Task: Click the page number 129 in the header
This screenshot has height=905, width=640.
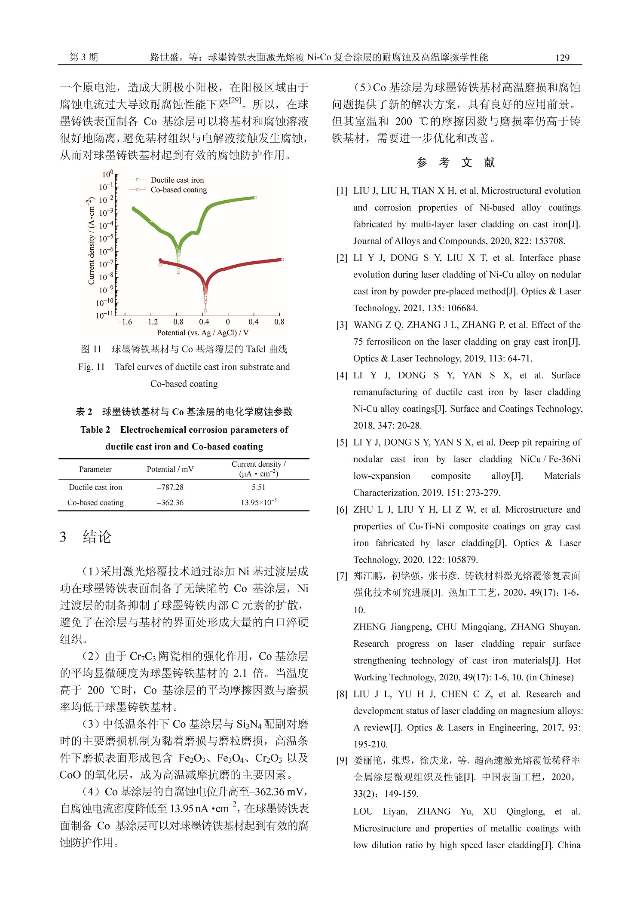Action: coord(562,58)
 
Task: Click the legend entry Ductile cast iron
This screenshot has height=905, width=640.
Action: coord(177,180)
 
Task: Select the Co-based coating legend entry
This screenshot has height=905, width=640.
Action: coord(178,190)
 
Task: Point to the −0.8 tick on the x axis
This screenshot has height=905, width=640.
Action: coord(176,322)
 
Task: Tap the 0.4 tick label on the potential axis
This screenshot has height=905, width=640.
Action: coord(253,322)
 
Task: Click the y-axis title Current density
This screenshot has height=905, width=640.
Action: coord(91,241)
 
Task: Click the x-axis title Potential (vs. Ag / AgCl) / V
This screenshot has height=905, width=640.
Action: coord(202,333)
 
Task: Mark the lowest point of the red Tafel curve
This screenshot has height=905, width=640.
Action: coord(205,310)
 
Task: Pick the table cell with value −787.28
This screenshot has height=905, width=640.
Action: coord(170,487)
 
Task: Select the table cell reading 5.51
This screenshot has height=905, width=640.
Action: coord(258,487)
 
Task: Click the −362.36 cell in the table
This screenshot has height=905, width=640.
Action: coord(170,503)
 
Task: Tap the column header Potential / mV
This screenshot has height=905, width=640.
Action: coord(170,469)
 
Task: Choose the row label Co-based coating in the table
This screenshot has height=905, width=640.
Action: coord(95,503)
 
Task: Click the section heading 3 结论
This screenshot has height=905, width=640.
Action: coord(86,537)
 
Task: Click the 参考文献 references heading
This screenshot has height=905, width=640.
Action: coord(456,163)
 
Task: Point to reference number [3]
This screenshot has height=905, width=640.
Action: coord(342,325)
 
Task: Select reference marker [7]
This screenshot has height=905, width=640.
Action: coord(342,576)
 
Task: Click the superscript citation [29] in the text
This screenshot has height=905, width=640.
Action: coord(235,101)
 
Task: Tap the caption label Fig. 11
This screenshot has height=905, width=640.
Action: coord(91,367)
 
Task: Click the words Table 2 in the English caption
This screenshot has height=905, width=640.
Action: coord(95,430)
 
